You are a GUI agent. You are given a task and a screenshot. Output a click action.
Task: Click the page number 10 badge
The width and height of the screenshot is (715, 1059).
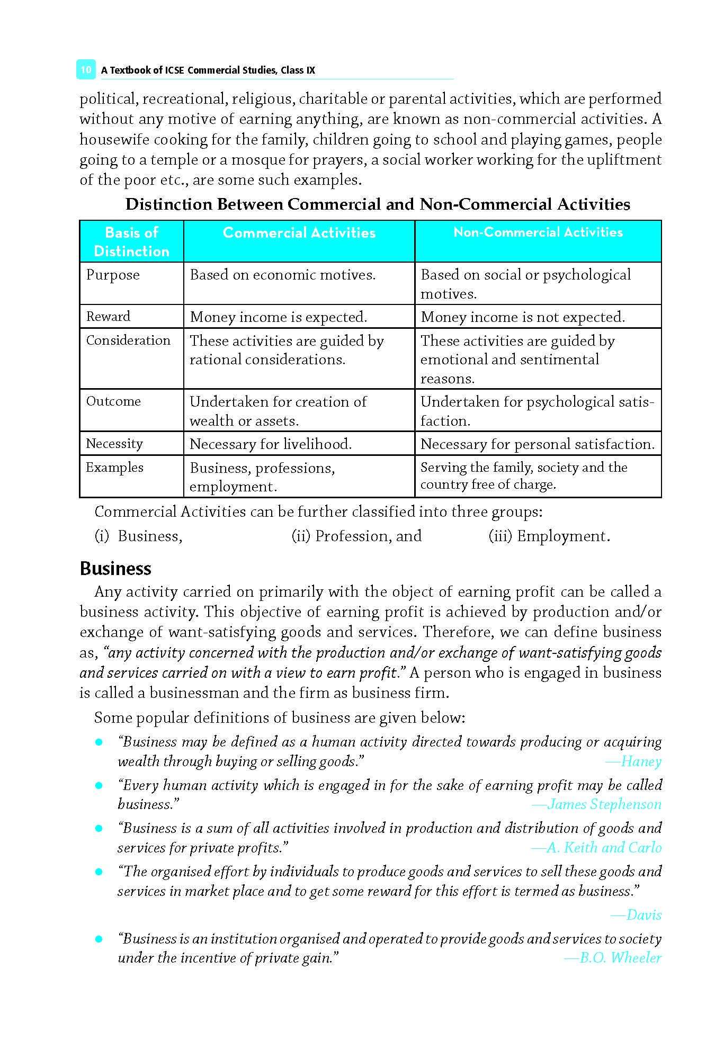86,70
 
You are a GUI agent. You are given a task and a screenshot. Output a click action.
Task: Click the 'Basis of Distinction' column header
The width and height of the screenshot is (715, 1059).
131,241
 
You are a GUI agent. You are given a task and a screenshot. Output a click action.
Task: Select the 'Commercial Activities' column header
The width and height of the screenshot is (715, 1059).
299,233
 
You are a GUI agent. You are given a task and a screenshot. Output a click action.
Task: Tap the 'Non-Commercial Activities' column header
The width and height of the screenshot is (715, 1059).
538,232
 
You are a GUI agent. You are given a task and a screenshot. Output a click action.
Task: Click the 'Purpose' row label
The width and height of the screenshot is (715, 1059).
113,275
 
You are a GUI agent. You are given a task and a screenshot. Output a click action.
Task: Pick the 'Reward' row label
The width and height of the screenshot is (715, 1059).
108,317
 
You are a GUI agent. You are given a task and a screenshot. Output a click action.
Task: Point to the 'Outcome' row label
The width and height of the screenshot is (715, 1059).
113,401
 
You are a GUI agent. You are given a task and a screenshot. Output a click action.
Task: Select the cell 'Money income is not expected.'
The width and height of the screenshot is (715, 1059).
523,317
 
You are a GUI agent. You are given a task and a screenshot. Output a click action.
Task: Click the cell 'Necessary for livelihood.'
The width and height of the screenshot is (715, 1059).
271,444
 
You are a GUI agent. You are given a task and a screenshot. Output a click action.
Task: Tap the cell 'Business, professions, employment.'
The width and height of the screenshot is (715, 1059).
262,477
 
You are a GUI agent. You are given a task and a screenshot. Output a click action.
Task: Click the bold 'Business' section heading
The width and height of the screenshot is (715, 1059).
115,569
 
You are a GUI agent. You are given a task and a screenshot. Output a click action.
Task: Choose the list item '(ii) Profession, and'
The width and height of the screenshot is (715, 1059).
356,536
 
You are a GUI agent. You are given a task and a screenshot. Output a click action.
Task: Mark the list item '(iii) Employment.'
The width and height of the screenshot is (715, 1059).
549,536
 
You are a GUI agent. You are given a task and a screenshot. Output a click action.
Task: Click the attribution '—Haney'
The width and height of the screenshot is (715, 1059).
633,762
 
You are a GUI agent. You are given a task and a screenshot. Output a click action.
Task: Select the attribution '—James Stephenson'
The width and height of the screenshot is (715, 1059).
596,805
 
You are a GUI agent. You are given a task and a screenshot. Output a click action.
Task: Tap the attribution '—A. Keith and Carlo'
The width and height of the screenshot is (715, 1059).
596,848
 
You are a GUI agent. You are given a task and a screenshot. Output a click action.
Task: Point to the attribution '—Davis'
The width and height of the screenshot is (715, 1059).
636,915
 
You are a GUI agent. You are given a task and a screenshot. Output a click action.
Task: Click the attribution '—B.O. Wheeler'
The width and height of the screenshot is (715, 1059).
613,958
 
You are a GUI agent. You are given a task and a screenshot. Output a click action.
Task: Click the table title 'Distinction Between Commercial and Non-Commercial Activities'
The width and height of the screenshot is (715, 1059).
378,204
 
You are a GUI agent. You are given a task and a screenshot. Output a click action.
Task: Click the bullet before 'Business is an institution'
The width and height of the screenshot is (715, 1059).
98,939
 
